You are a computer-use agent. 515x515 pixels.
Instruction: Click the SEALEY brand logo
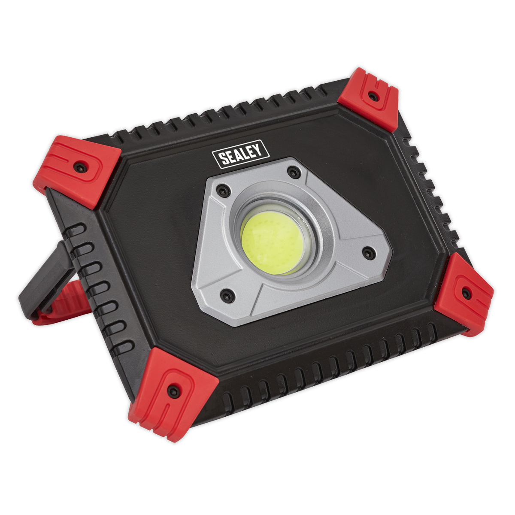tap(240, 156)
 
